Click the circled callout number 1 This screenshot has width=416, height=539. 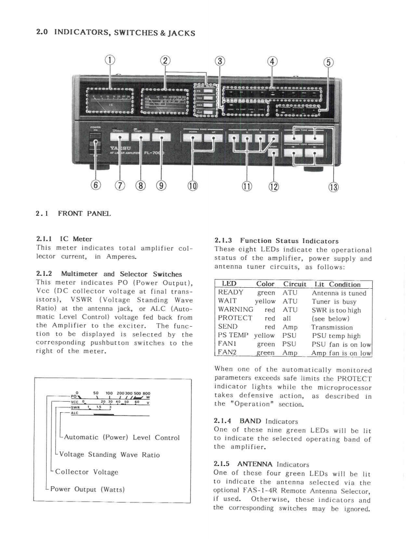pos(110,61)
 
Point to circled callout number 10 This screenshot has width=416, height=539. pos(192,185)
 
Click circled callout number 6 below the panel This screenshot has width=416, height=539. pos(96,185)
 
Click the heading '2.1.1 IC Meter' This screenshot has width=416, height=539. pos(64,239)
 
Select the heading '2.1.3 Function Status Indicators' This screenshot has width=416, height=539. pos(276,241)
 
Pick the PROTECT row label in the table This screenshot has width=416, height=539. pos(235,318)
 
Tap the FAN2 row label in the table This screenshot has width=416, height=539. pos(228,353)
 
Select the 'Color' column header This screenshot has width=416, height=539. pos(265,285)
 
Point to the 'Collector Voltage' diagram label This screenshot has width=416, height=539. pos(86,472)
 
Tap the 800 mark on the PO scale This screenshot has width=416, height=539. pos(146,392)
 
